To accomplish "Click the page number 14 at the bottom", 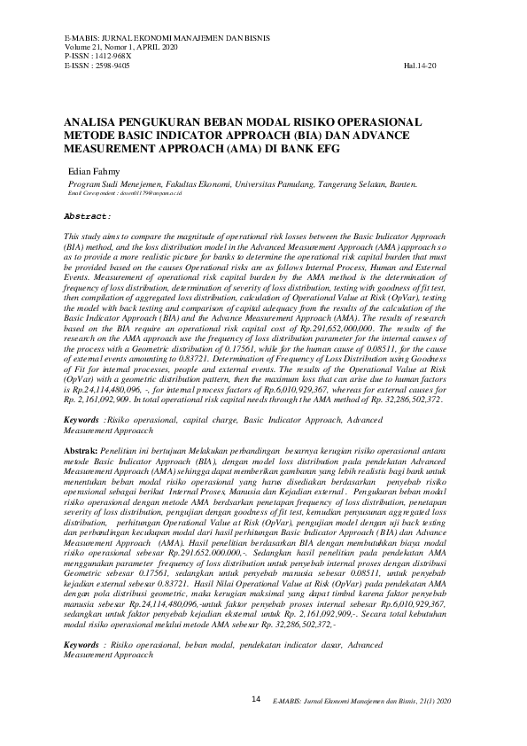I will click(x=256, y=699).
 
